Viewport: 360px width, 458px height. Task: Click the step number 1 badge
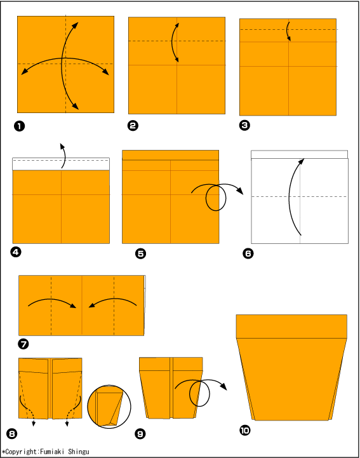coord(19,126)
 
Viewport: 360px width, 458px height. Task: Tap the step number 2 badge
coord(133,126)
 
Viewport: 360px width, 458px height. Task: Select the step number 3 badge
coord(244,125)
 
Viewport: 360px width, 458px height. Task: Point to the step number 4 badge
coord(16,252)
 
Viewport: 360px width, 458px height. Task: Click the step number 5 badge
coord(141,253)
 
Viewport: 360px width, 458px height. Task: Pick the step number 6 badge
coord(248,253)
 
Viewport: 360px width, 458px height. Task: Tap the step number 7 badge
coord(23,344)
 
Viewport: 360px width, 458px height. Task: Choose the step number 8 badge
coord(11,434)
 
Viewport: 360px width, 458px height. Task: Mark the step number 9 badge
coord(140,434)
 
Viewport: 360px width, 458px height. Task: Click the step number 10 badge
coord(244,430)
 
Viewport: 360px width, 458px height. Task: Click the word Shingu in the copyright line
coord(79,452)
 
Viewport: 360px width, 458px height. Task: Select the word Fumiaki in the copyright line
coord(51,452)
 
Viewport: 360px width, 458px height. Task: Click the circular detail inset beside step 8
coord(109,407)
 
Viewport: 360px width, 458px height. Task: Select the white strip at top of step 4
coord(61,164)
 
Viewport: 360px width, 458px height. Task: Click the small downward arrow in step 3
coord(288,31)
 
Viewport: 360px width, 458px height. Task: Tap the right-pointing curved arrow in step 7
coord(52,302)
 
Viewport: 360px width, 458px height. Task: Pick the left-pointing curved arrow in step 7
coord(113,302)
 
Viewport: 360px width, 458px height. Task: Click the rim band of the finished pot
coord(291,327)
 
